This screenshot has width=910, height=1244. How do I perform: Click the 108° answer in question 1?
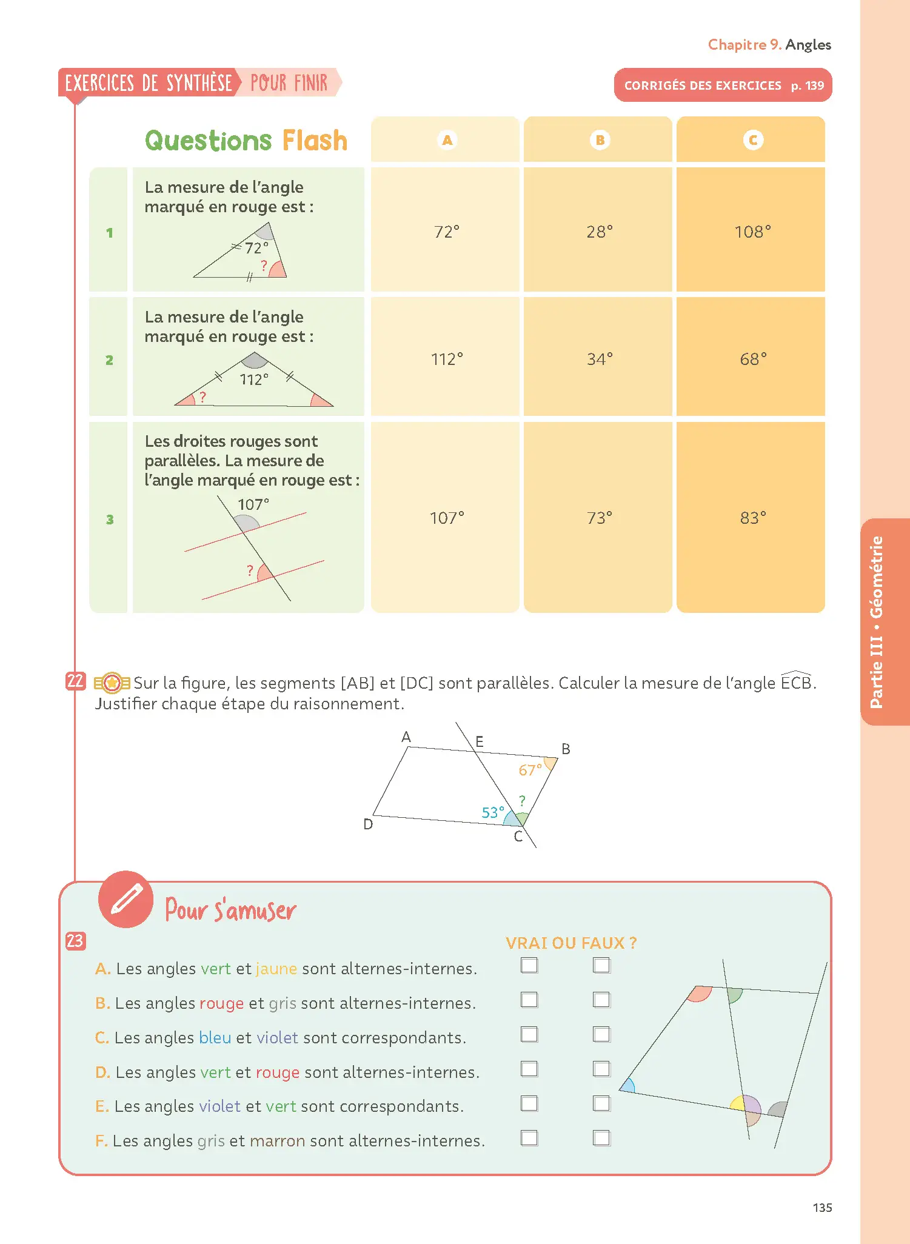click(x=752, y=232)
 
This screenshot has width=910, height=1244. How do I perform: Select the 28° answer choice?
click(x=600, y=232)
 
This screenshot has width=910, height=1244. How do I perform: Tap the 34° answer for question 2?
click(x=600, y=359)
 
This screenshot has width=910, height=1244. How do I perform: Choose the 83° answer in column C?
click(x=753, y=518)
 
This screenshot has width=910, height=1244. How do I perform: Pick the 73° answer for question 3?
click(x=600, y=518)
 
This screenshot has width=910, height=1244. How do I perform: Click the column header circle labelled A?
click(x=447, y=140)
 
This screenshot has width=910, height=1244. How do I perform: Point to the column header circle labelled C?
click(x=753, y=140)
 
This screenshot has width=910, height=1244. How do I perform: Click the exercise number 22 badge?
click(x=75, y=681)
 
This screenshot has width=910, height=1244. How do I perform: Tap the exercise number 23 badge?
click(x=75, y=940)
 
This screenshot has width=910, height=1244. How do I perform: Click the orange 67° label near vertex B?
click(x=530, y=770)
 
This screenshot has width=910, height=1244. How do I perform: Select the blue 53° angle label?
click(x=493, y=812)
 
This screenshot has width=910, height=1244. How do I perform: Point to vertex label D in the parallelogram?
click(x=368, y=824)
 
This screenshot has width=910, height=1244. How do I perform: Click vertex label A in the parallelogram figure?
click(x=406, y=737)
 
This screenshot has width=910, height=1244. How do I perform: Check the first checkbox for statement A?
click(x=529, y=965)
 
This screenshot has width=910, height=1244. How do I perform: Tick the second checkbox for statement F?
click(x=601, y=1138)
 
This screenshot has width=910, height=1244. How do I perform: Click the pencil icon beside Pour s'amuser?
click(x=126, y=899)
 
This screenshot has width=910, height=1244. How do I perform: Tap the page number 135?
click(x=822, y=1208)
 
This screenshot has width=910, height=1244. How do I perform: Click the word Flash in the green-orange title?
click(x=315, y=141)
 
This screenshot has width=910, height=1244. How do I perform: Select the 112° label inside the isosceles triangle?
click(x=254, y=380)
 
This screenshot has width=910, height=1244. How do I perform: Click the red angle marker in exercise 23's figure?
click(x=700, y=994)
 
